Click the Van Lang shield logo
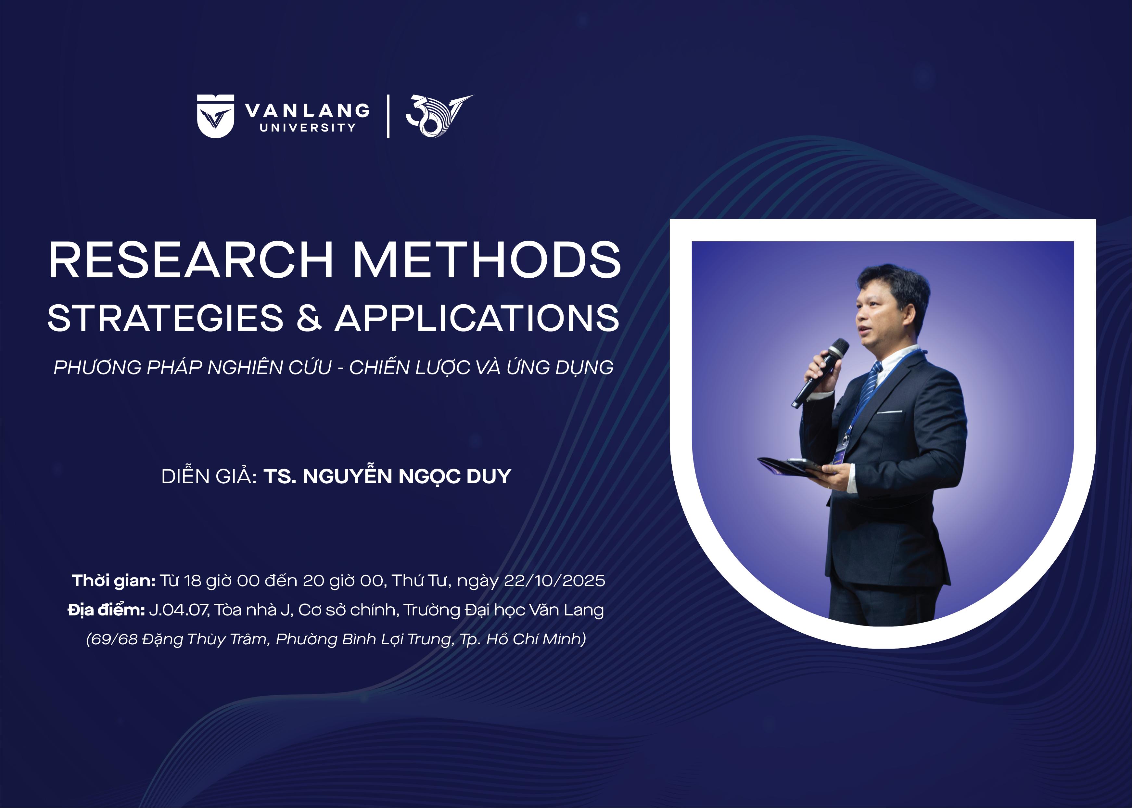tap(215, 116)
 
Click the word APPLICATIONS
tap(477, 318)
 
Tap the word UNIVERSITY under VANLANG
tap(308, 127)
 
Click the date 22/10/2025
tap(554, 581)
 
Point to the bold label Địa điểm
tap(106, 610)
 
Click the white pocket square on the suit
tap(890, 412)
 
